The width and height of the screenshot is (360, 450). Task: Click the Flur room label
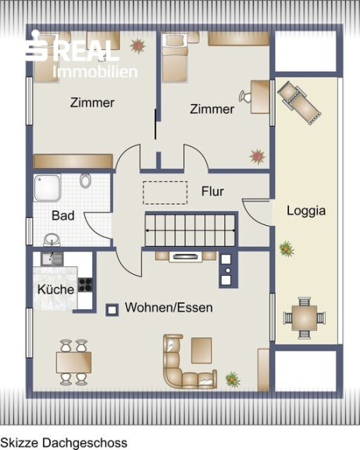[x=212, y=191]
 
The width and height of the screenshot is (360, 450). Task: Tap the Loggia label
[x=306, y=211]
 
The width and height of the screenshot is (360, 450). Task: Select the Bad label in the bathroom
[x=63, y=216]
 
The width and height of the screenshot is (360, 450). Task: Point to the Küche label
[x=56, y=289]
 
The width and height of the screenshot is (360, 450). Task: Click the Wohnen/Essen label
[x=169, y=308]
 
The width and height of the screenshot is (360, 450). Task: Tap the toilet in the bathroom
[x=85, y=180]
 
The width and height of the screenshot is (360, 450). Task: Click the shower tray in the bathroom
[x=48, y=188]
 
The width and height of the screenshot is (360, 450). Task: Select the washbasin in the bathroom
[x=52, y=240]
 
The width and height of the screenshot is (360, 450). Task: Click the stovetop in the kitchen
[x=85, y=284]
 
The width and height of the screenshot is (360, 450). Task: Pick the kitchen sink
[x=52, y=259]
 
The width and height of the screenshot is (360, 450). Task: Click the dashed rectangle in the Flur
[x=166, y=193]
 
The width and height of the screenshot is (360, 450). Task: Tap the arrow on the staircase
[x=191, y=230]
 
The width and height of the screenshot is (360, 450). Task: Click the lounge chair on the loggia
[x=299, y=103]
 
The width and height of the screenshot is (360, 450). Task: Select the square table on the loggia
[x=305, y=318]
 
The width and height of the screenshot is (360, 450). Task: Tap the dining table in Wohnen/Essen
[x=73, y=362]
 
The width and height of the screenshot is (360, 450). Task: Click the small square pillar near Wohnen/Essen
[x=112, y=310]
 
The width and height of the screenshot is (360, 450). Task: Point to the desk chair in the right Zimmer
[x=245, y=96]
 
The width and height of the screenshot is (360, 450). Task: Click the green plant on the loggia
[x=287, y=248]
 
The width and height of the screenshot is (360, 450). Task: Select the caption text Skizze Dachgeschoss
[x=64, y=442]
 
